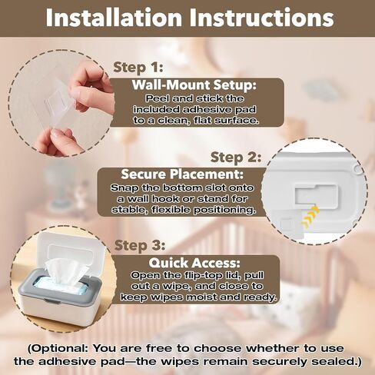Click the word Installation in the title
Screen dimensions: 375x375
pos(114,18)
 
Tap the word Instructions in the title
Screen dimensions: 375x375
pos(262,18)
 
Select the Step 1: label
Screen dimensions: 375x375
pos(138,68)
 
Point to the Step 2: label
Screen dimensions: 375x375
pos(236,158)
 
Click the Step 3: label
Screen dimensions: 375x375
pos(140,245)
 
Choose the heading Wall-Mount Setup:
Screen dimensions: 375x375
pos(194,85)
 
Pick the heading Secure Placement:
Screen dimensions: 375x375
pos(182,174)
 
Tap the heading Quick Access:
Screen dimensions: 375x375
pos(194,263)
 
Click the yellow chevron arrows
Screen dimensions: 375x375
pos(310,217)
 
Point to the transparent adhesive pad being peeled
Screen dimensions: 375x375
pos(55,102)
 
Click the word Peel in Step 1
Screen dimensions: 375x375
pos(156,98)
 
